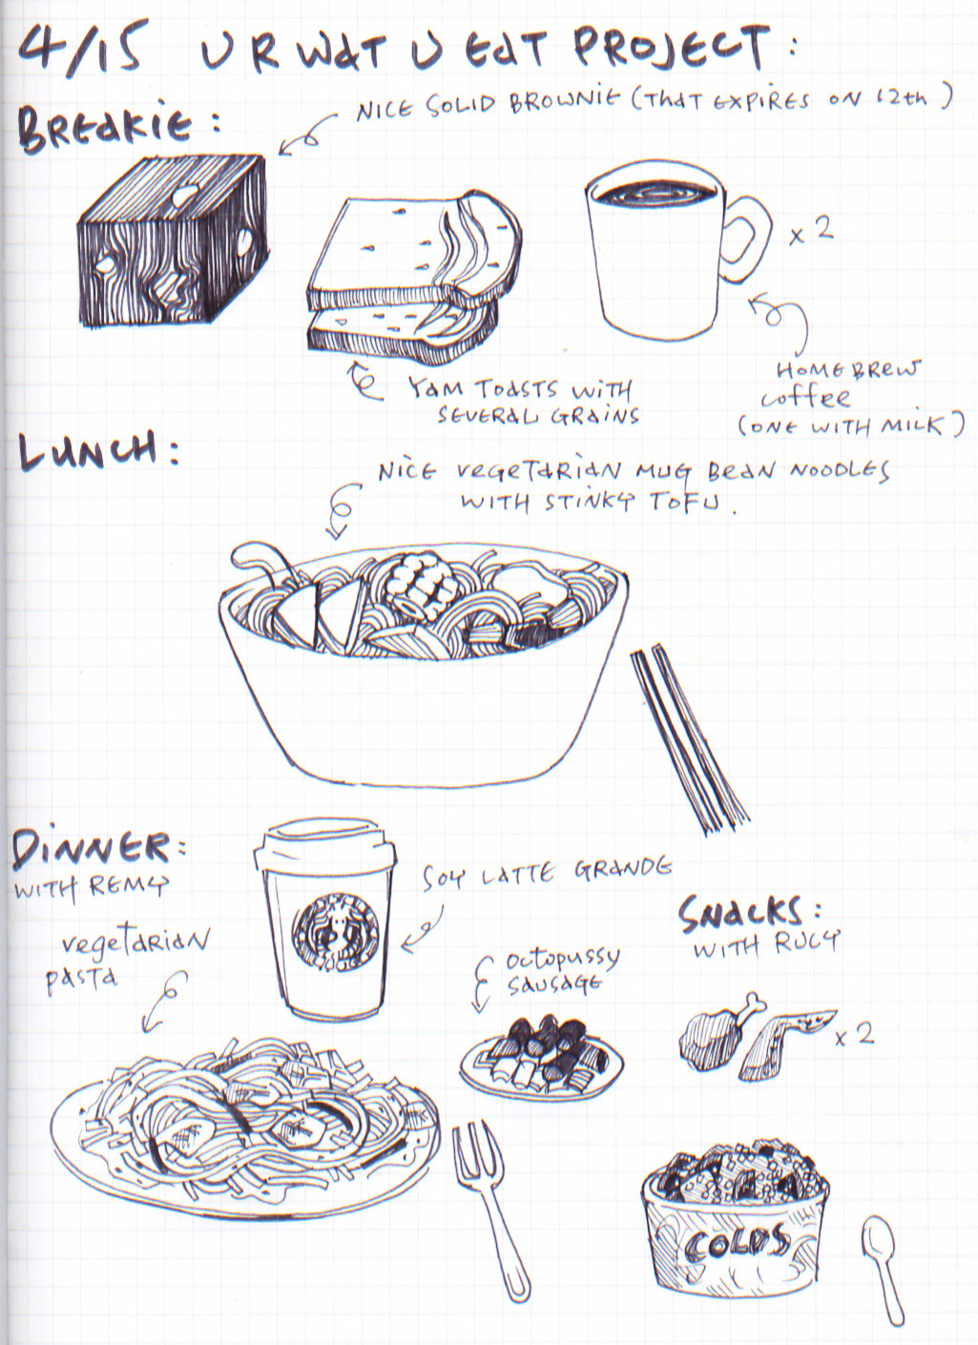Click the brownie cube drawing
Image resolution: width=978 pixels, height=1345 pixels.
coord(173,240)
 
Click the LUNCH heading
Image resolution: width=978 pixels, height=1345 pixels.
coord(89,450)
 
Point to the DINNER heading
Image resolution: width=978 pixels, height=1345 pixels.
coord(90,848)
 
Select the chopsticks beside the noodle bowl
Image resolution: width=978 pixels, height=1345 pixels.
coord(689,738)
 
